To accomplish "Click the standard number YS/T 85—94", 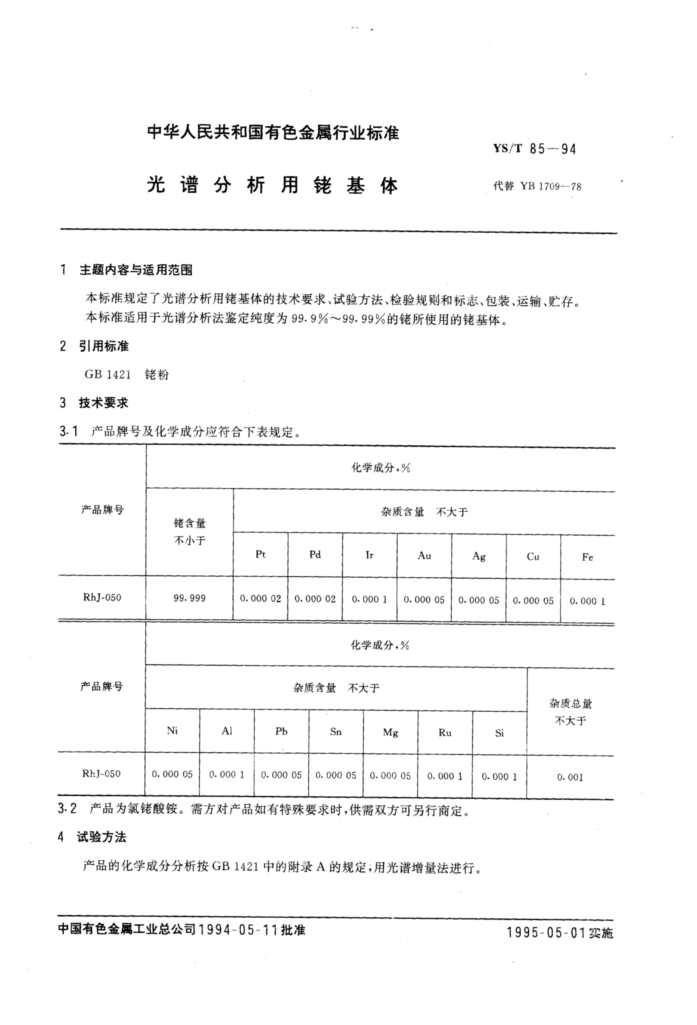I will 534,149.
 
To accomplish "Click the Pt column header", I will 261,554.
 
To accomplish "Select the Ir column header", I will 369,555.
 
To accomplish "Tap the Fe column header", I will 587,557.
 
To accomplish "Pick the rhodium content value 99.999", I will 190,598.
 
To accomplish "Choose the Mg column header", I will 390,733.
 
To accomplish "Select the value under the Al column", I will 227,775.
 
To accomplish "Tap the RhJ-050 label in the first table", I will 102,598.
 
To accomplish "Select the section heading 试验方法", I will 101,837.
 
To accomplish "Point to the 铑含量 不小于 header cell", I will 190,532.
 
